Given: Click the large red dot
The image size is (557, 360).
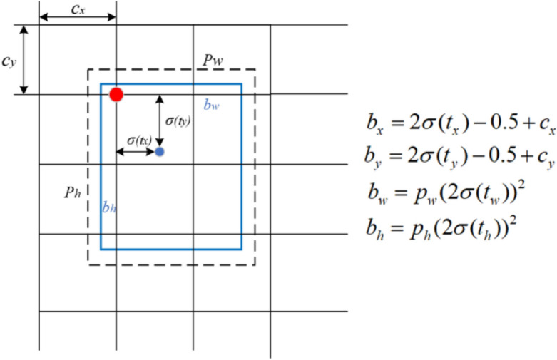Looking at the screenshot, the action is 116,94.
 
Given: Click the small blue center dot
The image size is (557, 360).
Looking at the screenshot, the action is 160,152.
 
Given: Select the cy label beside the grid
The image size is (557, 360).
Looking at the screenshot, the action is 9,62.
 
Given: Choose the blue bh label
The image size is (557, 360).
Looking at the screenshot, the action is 109,207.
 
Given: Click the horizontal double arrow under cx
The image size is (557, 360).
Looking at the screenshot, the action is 77,16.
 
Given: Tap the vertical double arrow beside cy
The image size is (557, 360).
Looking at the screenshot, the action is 25,60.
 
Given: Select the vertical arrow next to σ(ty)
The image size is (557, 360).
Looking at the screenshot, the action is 159,121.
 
